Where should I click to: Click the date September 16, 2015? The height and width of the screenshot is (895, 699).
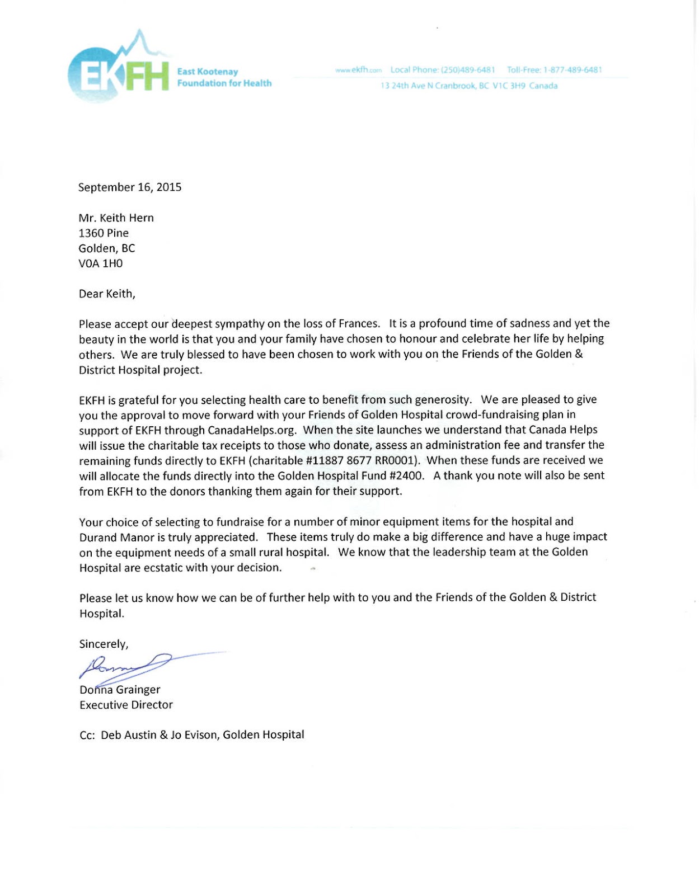[x=130, y=187]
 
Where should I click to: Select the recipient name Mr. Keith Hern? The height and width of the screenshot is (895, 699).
[x=116, y=218]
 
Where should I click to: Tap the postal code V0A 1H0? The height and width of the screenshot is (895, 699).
[x=101, y=263]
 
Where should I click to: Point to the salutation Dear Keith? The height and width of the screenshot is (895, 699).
[x=107, y=294]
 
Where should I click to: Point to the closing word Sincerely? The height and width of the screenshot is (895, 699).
[x=104, y=644]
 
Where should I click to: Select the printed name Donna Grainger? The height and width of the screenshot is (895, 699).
[x=120, y=690]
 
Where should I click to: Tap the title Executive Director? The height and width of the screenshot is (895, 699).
[x=126, y=705]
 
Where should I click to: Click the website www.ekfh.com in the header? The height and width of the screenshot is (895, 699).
[x=358, y=70]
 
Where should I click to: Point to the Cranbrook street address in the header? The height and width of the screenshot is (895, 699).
[x=469, y=86]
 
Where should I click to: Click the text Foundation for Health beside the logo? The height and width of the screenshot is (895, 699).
[x=224, y=83]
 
